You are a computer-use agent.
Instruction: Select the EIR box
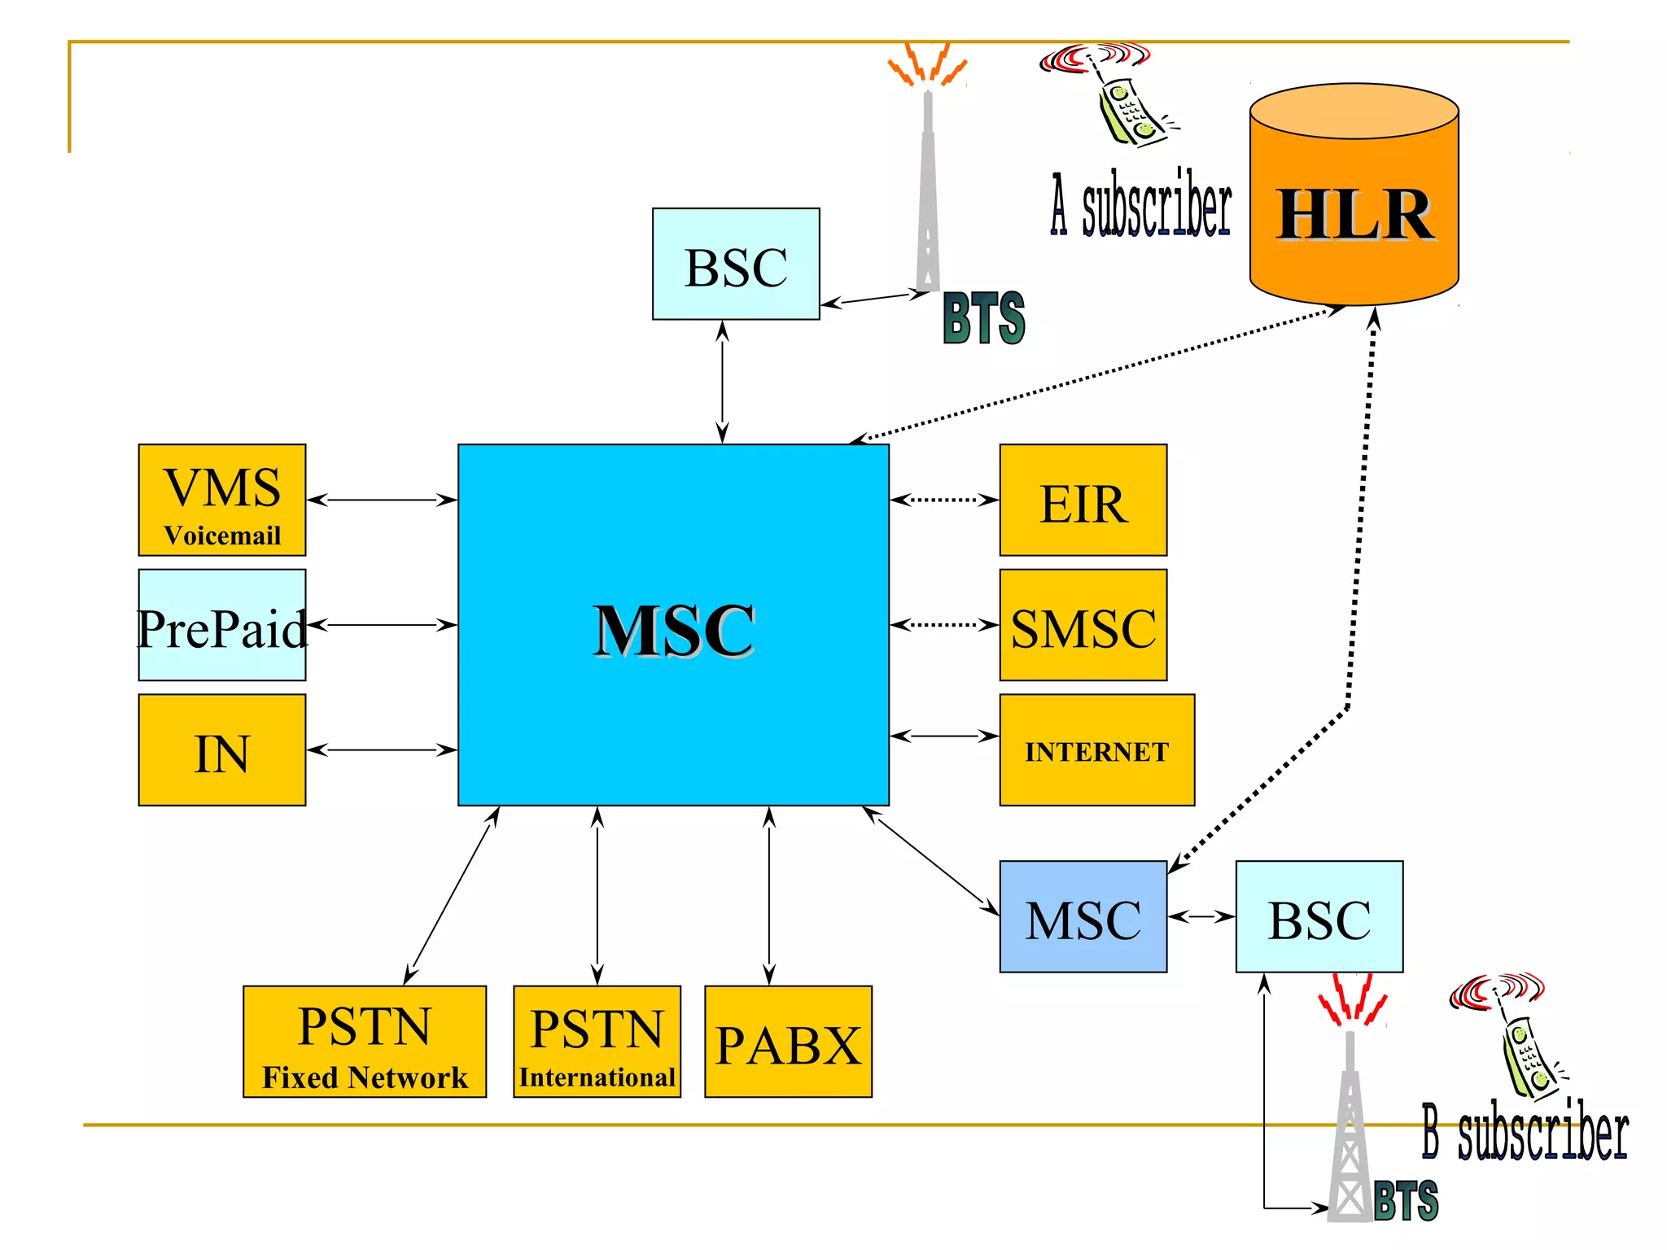pyautogui.click(x=1083, y=500)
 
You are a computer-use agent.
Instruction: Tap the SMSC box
pyautogui.click(x=1083, y=625)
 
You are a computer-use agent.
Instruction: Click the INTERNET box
pyautogui.click(x=1096, y=750)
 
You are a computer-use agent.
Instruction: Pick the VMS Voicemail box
pyautogui.click(x=222, y=500)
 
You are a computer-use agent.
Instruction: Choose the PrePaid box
pyautogui.click(x=222, y=625)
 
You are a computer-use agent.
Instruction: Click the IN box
pyautogui.click(x=222, y=750)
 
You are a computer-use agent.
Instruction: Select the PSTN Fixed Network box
pyautogui.click(x=364, y=1042)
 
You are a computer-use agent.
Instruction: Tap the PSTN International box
pyautogui.click(x=597, y=1042)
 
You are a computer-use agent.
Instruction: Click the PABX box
pyautogui.click(x=788, y=1042)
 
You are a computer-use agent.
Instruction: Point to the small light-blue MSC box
pyautogui.click(x=1083, y=917)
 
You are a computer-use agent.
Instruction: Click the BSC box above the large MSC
pyautogui.click(x=736, y=264)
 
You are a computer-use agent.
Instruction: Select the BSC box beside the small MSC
pyautogui.click(x=1319, y=917)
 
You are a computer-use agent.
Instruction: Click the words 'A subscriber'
pyautogui.click(x=1141, y=206)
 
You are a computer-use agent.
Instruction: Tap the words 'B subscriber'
pyautogui.click(x=1525, y=1132)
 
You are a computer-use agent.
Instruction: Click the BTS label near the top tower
pyautogui.click(x=984, y=318)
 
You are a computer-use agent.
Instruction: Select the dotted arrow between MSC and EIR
pyautogui.click(x=944, y=500)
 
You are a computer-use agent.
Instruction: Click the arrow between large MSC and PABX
pyautogui.click(x=769, y=895)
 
